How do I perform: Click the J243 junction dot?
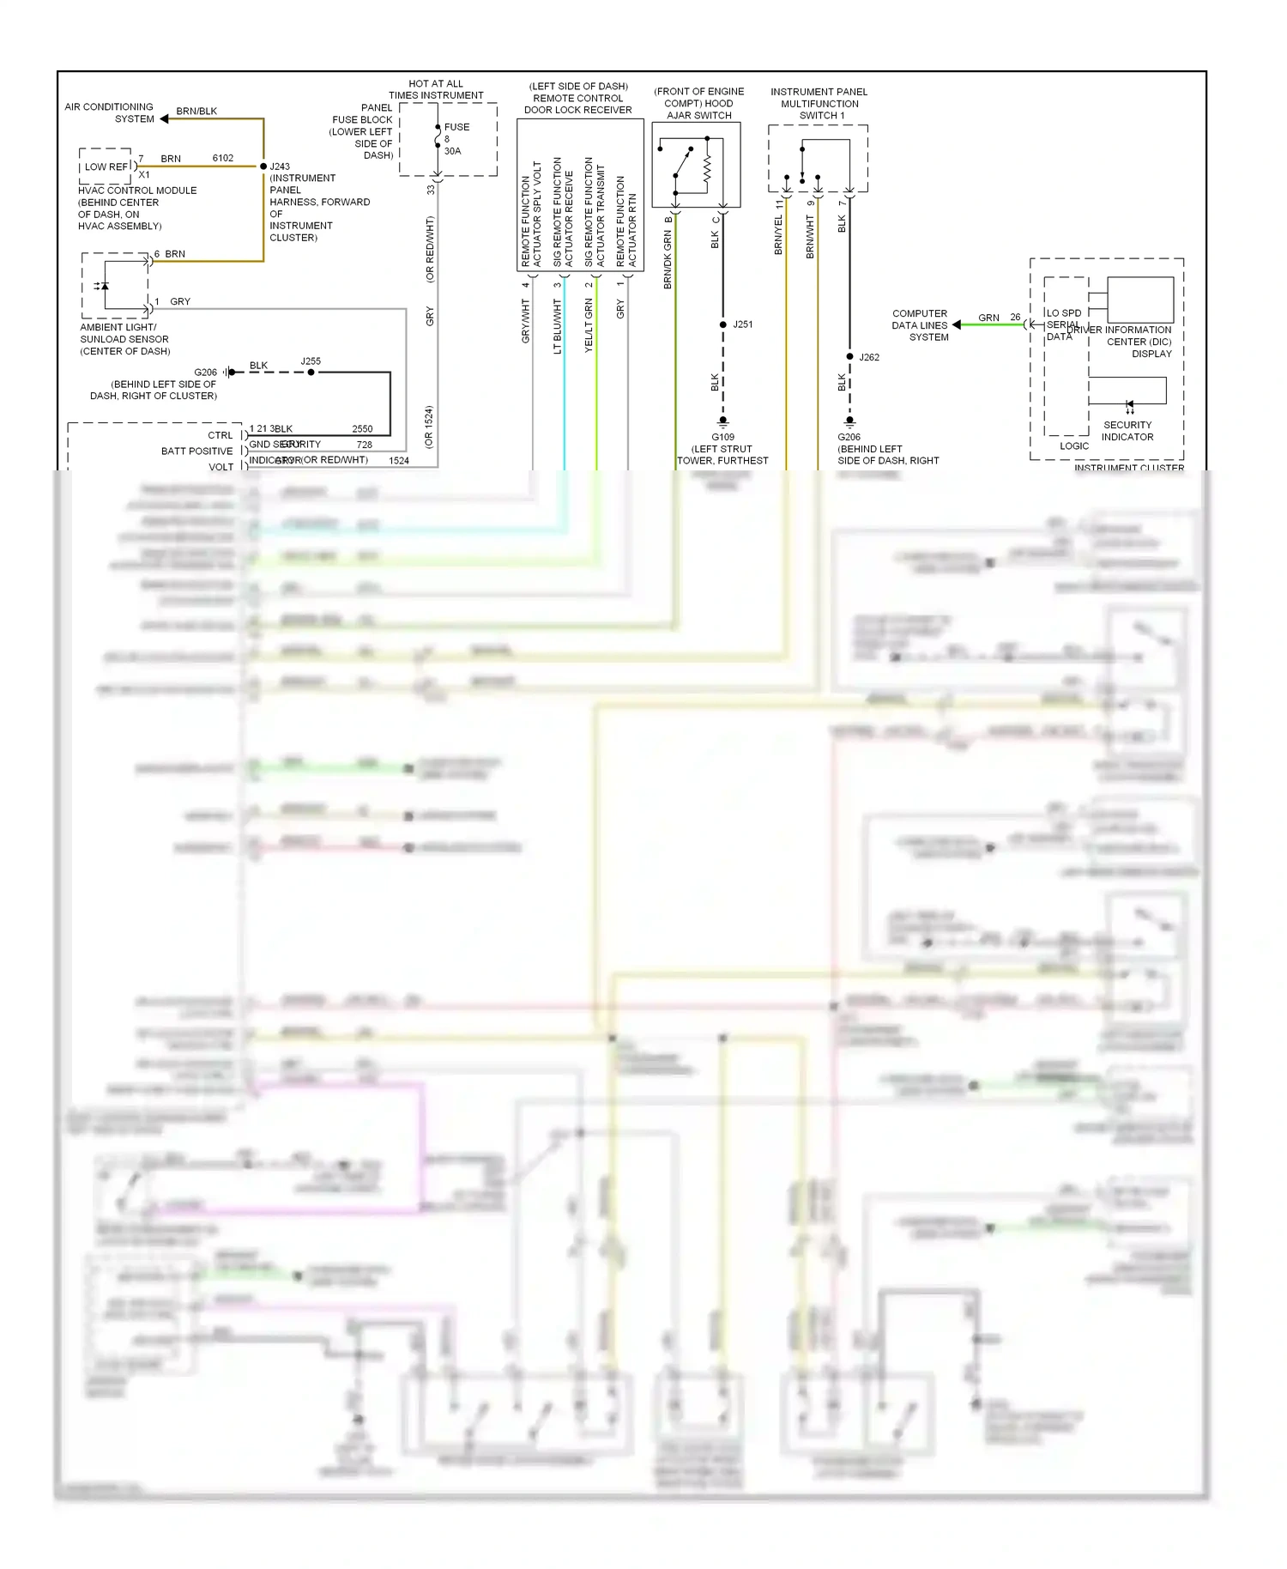coord(263,167)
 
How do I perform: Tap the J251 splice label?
coord(743,324)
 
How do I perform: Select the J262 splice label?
coord(869,357)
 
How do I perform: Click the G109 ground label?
coord(722,437)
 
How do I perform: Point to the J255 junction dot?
coord(311,373)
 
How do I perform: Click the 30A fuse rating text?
coord(452,151)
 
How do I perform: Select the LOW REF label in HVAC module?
coord(106,167)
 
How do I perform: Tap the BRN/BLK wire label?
coord(196,111)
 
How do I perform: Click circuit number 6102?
coord(223,158)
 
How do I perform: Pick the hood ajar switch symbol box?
coord(696,165)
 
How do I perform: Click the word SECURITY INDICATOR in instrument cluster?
coord(1127,431)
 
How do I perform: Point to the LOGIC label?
coord(1074,446)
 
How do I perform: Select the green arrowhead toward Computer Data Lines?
coord(957,325)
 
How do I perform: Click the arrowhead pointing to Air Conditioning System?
coord(164,119)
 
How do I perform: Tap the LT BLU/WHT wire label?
coord(558,326)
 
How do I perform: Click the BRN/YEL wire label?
coord(779,234)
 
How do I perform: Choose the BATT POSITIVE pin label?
coord(197,451)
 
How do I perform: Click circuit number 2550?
coord(362,429)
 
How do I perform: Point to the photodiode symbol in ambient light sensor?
coord(103,286)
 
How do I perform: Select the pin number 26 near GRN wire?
coord(1015,318)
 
